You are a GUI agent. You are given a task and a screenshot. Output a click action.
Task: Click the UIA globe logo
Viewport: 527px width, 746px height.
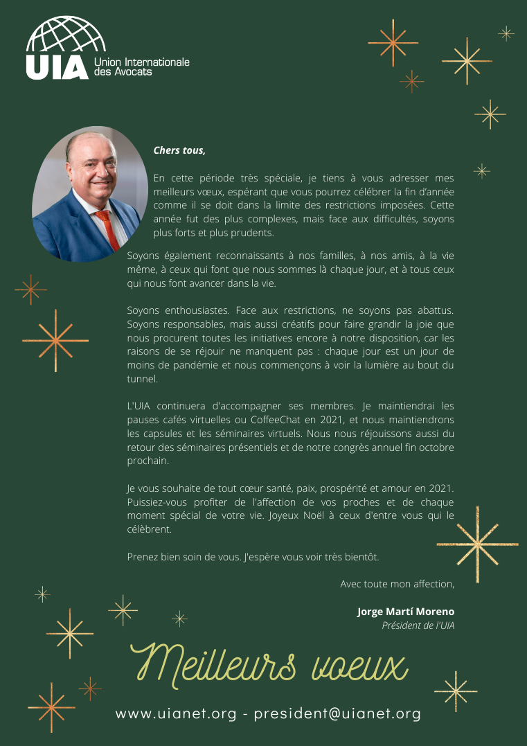point(66,36)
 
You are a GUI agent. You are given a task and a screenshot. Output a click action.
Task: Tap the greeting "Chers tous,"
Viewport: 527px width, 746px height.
point(179,150)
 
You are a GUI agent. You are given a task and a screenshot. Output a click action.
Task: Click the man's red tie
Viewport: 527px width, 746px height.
point(108,229)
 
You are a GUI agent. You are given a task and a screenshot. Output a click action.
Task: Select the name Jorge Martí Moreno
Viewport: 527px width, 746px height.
point(406,612)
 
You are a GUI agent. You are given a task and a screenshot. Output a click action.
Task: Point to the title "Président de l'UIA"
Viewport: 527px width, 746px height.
point(418,625)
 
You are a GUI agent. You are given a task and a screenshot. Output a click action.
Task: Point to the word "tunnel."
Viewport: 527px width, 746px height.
point(143,378)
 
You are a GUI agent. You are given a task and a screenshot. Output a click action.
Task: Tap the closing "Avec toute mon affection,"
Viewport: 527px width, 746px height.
point(397,584)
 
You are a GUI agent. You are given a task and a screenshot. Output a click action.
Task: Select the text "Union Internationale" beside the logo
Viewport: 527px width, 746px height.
point(141,63)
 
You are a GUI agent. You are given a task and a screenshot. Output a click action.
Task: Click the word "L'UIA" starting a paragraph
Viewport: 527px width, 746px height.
point(141,406)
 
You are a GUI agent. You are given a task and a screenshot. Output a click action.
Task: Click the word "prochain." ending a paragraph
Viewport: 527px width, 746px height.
point(148,461)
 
